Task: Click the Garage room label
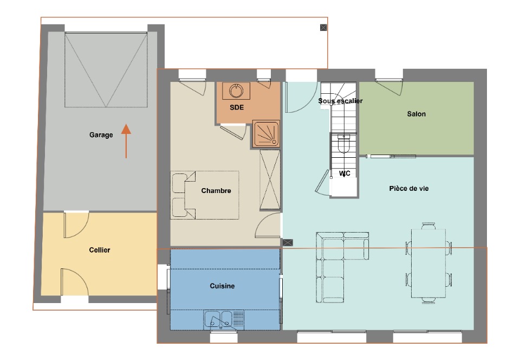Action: coord(101,134)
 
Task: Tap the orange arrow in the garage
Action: coord(126,141)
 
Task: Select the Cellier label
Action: coord(100,250)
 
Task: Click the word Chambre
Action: coord(216,190)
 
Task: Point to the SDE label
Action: coord(237,107)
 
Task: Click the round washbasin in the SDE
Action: coord(236,91)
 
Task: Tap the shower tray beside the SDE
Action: coord(266,134)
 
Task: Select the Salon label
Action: coord(416,114)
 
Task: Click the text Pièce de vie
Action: coord(409,189)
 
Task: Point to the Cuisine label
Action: coord(222,286)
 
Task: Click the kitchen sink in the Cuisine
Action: coord(224,320)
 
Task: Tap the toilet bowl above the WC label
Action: coord(343,144)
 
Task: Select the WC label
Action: coord(344,173)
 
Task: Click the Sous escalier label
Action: coord(340,100)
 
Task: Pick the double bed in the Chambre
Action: coord(205,195)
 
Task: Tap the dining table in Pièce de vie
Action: coord(428,263)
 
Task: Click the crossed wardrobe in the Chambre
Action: coord(270,179)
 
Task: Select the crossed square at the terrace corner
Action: coord(323,28)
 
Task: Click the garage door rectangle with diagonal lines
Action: coord(106,70)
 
